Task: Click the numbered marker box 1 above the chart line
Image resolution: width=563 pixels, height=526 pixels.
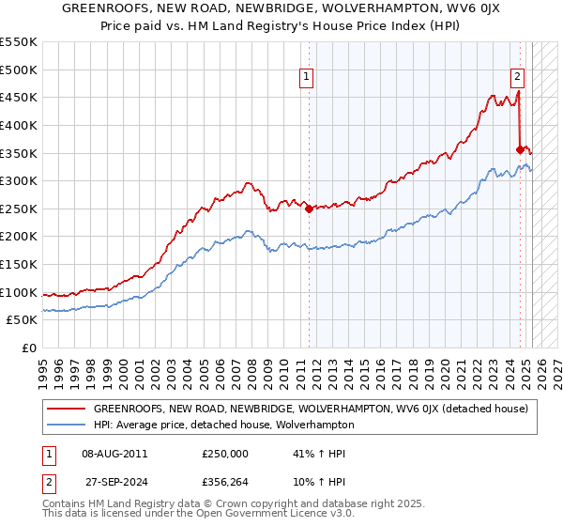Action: (308, 78)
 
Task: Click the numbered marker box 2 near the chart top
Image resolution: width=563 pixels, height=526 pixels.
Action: (517, 78)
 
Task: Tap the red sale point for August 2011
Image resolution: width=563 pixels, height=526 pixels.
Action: (309, 209)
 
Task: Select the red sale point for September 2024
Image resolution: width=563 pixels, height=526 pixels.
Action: (520, 148)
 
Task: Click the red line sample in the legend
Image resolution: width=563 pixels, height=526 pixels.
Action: (65, 409)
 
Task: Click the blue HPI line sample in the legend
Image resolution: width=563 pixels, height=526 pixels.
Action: (65, 425)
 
